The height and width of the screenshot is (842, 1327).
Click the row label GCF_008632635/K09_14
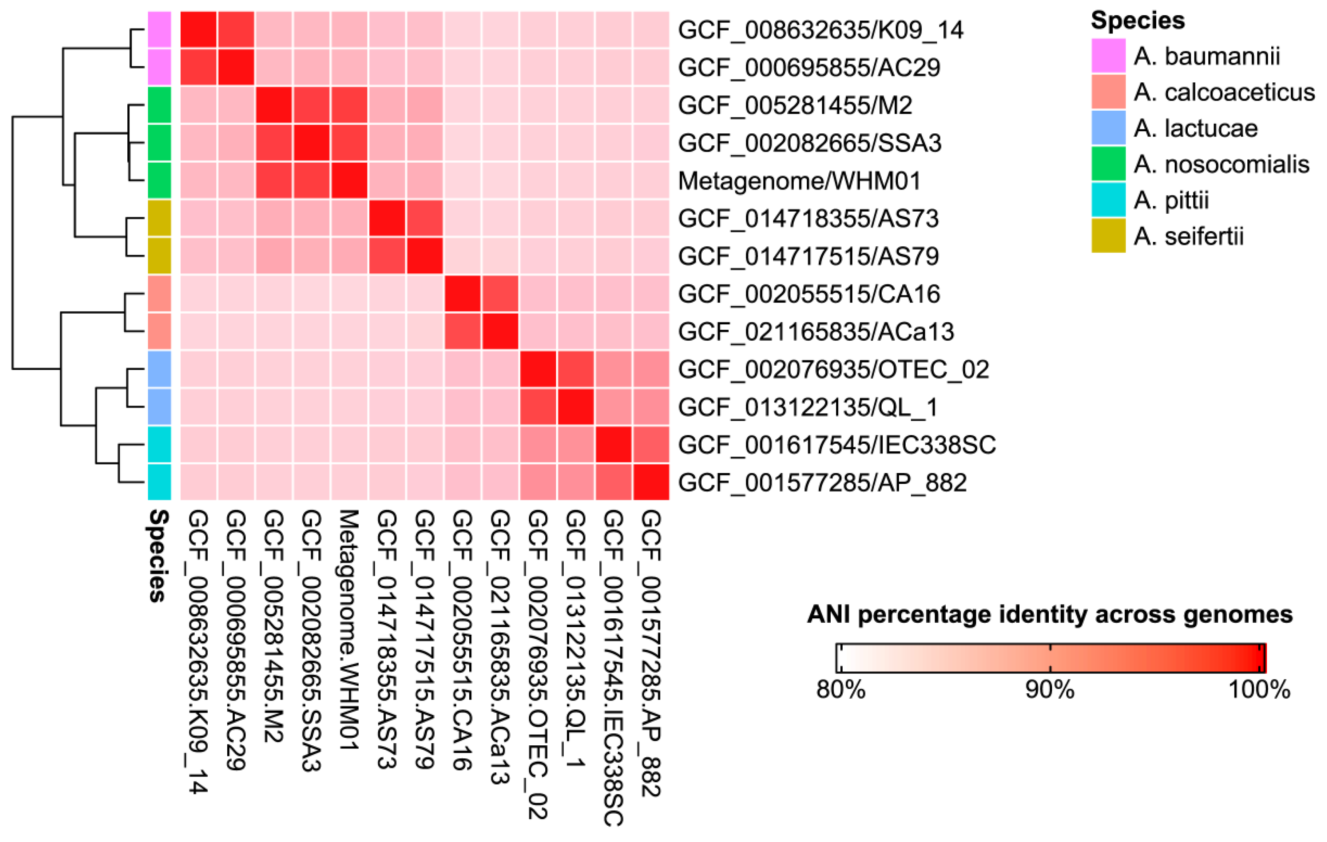coord(820,30)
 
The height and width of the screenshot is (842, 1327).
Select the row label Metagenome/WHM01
coord(799,181)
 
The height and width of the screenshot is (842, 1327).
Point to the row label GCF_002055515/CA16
coord(808,294)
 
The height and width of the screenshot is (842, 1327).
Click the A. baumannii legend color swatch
coord(1108,56)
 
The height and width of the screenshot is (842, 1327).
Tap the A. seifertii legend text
coord(1188,236)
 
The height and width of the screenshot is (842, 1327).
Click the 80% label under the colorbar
coord(840,689)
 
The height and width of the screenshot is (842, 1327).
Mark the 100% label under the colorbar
coord(1259,689)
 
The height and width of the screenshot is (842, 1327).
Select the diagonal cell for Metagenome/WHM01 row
coord(349,180)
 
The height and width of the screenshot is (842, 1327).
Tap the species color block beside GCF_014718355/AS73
coord(159,218)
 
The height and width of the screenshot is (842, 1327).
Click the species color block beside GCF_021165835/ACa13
coord(159,331)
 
